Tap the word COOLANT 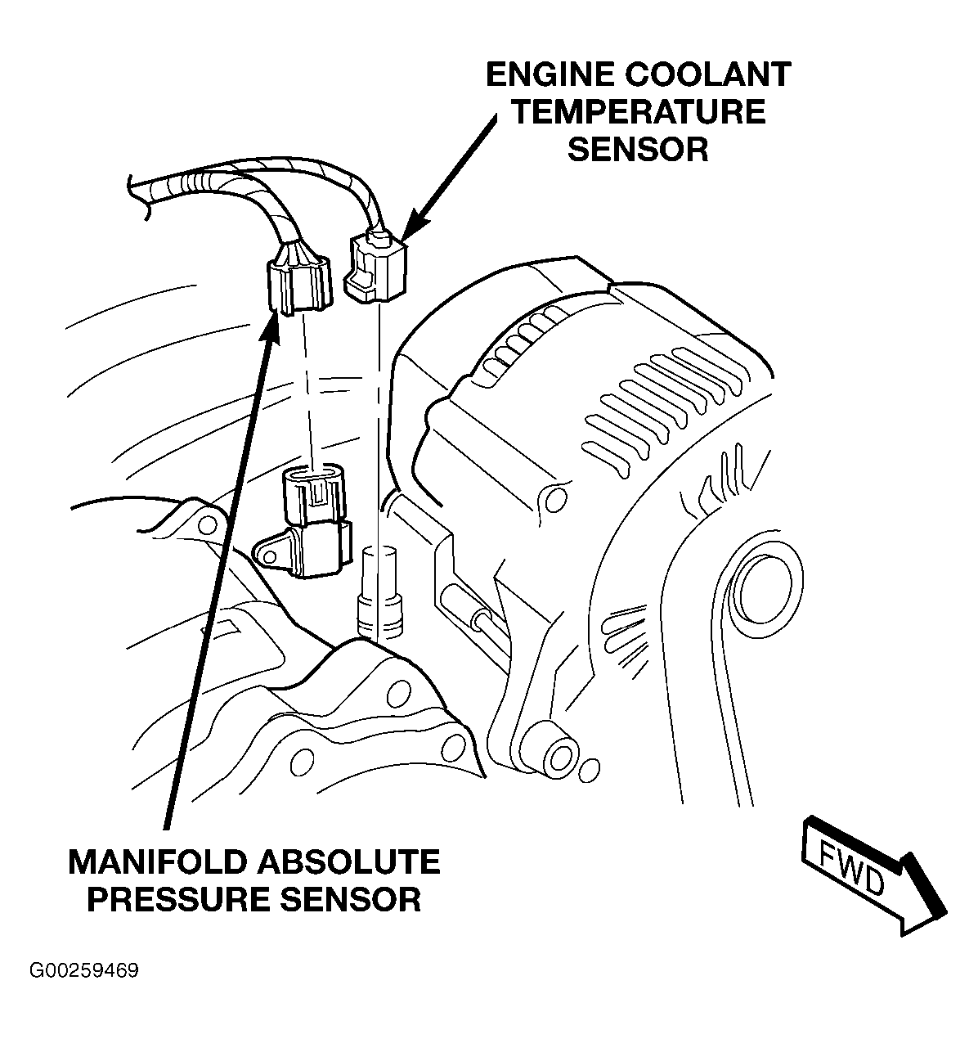coord(708,74)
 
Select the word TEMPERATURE coord(639,112)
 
